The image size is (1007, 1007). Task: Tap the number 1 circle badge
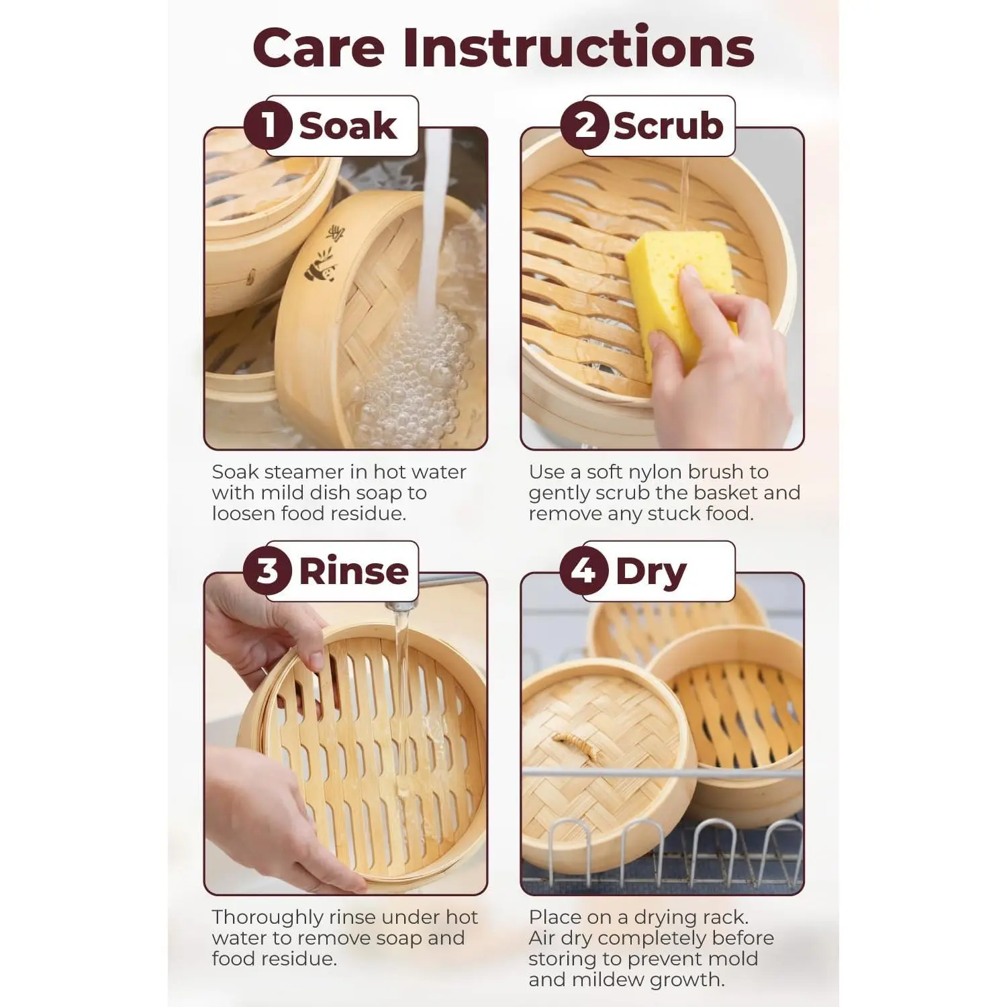coord(268,125)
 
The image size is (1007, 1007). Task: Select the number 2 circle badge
coord(585,125)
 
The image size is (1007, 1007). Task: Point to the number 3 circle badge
coord(268,571)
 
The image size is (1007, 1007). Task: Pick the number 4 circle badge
coord(585,571)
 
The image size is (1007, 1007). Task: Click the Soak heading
coord(348,126)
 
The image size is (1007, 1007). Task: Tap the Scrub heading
coord(669,126)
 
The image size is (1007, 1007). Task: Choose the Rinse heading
coord(354,571)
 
